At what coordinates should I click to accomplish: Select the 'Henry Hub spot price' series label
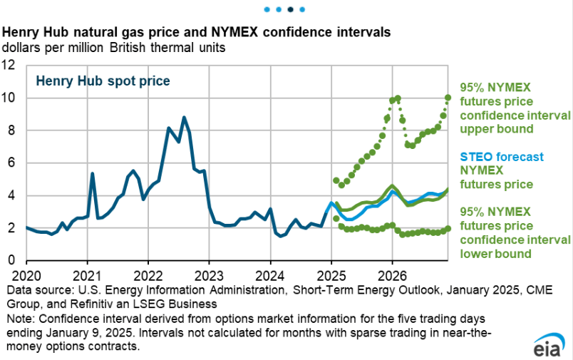(x=103, y=81)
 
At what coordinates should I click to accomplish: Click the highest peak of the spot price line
(x=184, y=118)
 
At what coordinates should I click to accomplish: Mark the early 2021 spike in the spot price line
(x=93, y=173)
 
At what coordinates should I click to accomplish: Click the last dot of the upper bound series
(x=448, y=98)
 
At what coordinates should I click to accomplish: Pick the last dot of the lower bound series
(x=448, y=229)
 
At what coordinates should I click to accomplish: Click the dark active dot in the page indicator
(x=290, y=10)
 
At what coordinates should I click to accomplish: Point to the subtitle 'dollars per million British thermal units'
(x=114, y=48)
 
